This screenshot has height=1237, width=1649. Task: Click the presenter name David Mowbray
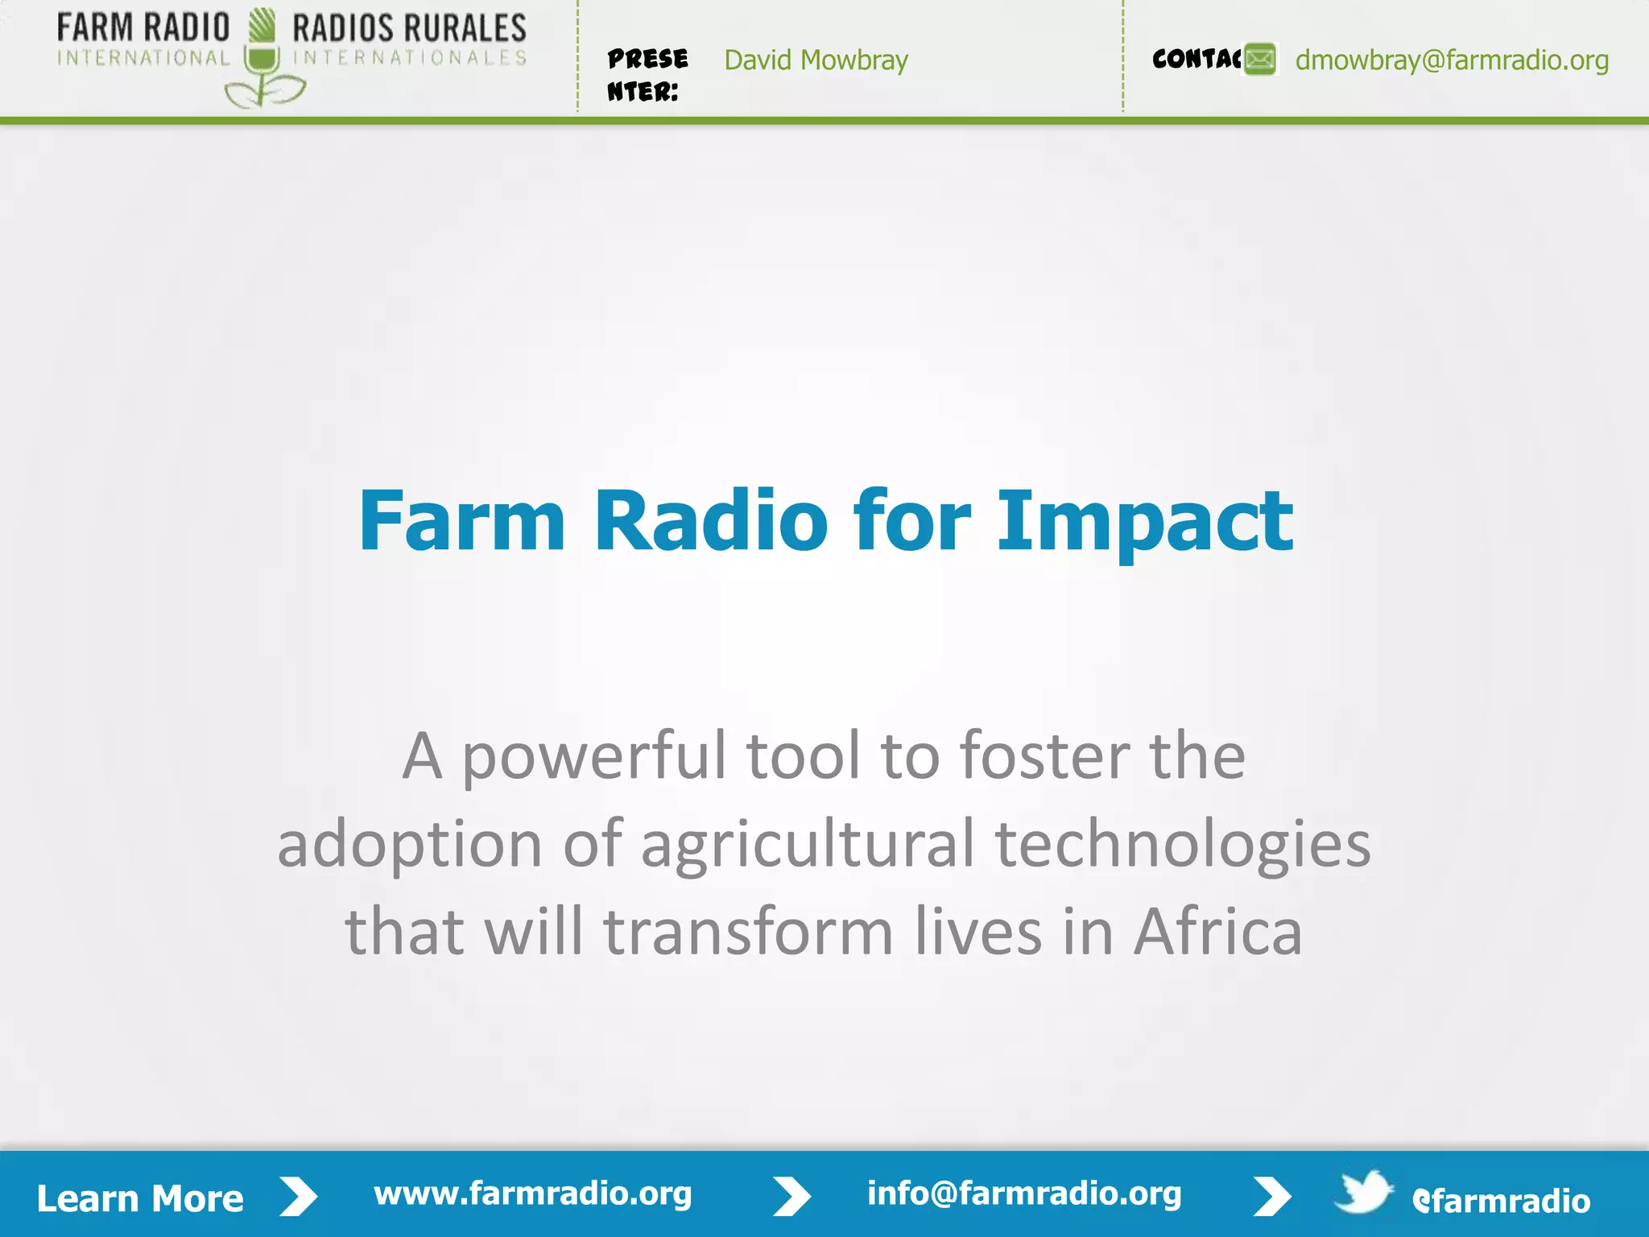(x=816, y=60)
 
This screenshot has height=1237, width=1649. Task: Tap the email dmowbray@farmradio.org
(x=1452, y=60)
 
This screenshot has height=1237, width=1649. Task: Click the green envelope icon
(x=1260, y=60)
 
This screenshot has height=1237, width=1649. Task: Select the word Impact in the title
(x=1144, y=521)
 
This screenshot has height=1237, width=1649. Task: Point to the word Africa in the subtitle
(x=1217, y=932)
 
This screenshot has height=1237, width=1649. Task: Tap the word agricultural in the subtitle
(x=808, y=844)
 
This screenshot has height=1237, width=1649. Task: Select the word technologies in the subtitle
(x=1182, y=844)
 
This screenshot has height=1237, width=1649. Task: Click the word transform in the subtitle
(x=748, y=932)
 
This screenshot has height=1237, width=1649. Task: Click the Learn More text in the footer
(x=140, y=1198)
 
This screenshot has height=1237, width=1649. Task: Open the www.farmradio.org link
(x=532, y=1194)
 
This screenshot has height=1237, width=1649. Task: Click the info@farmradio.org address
(x=1024, y=1194)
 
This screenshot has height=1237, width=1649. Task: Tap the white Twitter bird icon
(x=1363, y=1193)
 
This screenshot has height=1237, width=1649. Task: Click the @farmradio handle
(x=1501, y=1201)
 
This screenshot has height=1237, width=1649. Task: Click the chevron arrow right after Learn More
(x=299, y=1197)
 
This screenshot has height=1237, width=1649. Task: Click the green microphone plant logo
(x=262, y=60)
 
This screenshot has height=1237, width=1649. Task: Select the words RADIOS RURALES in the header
(x=409, y=29)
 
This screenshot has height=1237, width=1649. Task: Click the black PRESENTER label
(x=647, y=75)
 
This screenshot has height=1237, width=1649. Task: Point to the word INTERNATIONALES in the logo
(x=409, y=58)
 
